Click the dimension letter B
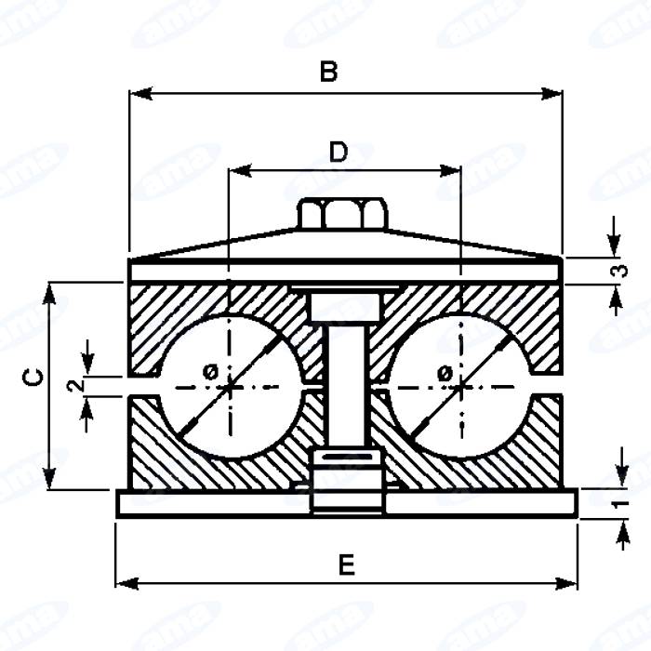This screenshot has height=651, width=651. [x=327, y=72]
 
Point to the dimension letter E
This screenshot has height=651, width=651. [x=346, y=564]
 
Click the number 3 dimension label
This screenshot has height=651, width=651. [x=618, y=272]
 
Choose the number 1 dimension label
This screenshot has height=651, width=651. [x=618, y=502]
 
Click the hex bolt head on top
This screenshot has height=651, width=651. [x=342, y=215]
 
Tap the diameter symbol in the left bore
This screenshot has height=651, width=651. [x=210, y=371]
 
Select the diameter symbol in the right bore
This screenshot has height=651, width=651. [x=445, y=373]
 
